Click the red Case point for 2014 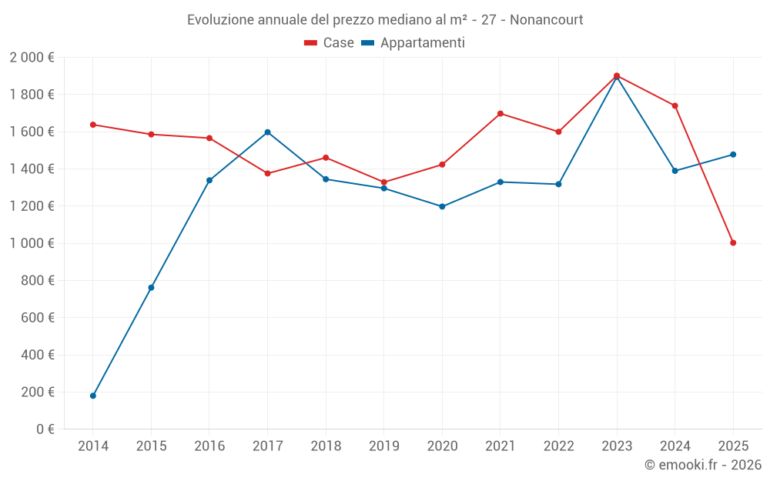[93, 125]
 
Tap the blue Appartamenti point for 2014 [93, 396]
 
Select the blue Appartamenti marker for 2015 [151, 288]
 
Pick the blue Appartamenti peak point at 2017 [267, 132]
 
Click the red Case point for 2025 [733, 243]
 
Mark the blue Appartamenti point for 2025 [733, 155]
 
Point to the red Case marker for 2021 [500, 114]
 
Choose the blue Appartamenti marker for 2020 [442, 206]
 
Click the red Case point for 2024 [675, 105]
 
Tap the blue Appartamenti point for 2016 [209, 180]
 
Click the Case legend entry [330, 43]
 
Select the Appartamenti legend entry [413, 43]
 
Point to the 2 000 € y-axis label [32, 57]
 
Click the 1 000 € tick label [32, 243]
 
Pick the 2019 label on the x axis [383, 446]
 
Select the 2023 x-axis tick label [617, 446]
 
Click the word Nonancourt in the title [545, 19]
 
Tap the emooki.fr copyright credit [702, 465]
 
